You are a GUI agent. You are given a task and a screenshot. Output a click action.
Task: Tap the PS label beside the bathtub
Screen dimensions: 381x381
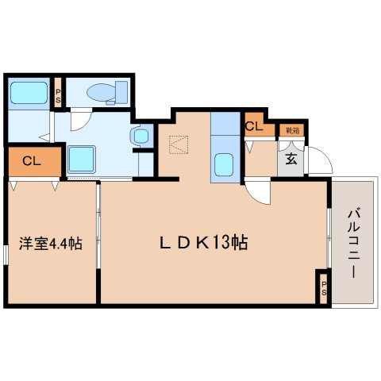(x=57, y=95)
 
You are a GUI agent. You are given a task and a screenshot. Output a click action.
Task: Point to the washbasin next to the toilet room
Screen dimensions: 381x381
(x=140, y=137)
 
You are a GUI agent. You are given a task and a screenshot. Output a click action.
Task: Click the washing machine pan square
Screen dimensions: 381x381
(x=81, y=159)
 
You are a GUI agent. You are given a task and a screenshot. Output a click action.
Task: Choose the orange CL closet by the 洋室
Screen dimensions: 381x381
(x=33, y=161)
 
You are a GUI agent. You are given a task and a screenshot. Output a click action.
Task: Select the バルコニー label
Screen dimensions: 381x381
(x=352, y=243)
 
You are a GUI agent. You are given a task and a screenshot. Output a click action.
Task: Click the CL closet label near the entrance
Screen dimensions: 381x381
(x=255, y=125)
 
